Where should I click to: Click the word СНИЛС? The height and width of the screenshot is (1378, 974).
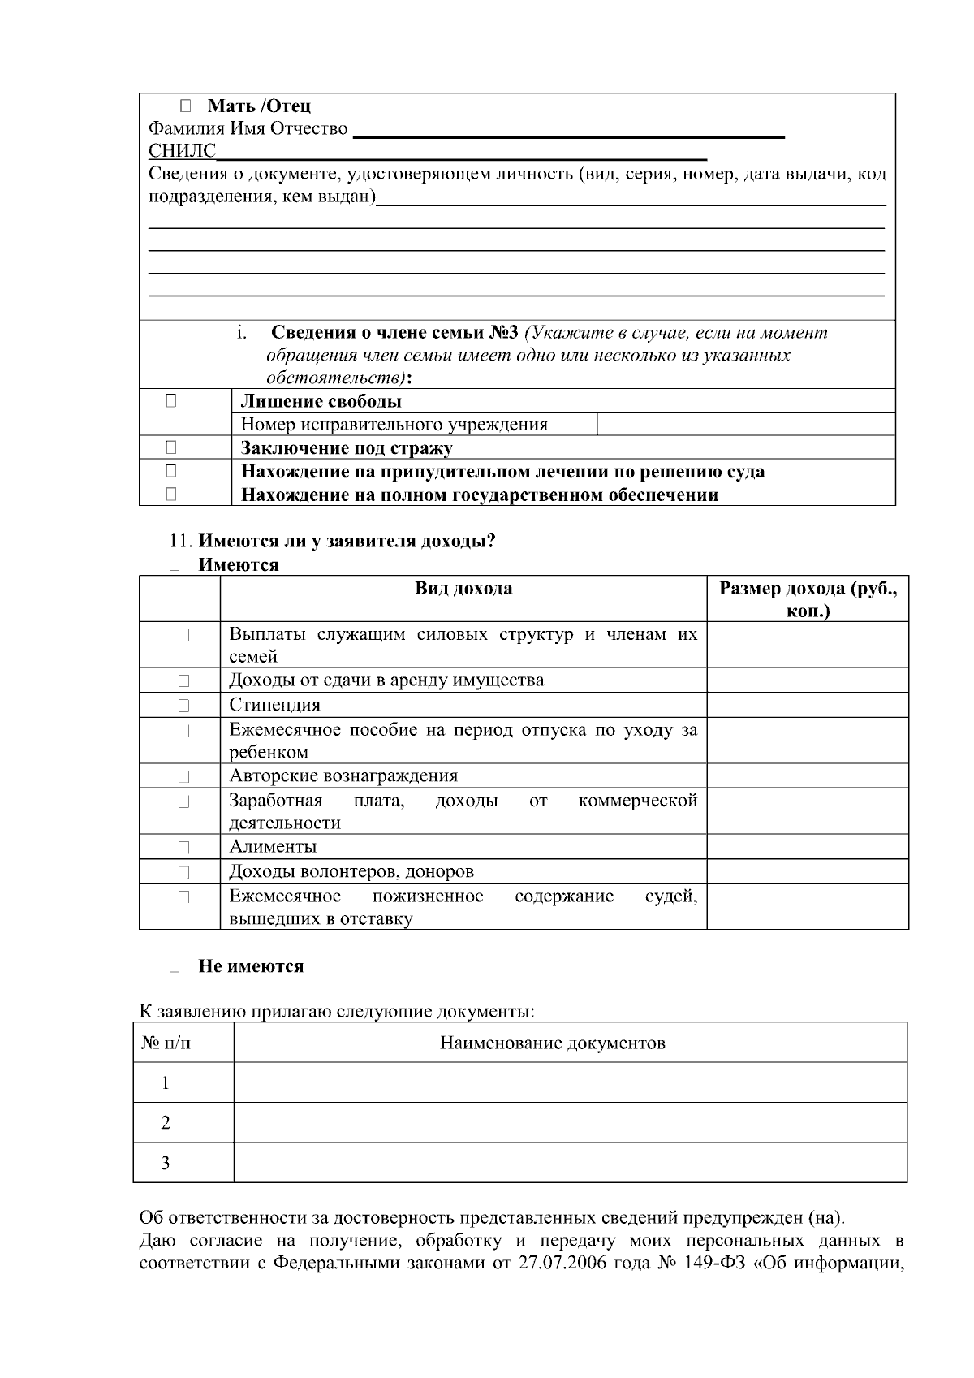tap(182, 152)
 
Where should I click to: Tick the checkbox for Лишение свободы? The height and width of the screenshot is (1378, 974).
tap(171, 400)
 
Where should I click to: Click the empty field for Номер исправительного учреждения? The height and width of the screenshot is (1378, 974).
tap(745, 424)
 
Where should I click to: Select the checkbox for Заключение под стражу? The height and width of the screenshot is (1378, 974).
tap(171, 447)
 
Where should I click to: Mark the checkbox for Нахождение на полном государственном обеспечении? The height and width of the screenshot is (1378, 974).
tap(171, 495)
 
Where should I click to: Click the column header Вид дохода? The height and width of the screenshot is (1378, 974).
tap(463, 589)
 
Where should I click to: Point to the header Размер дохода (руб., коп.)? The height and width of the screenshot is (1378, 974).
tap(808, 599)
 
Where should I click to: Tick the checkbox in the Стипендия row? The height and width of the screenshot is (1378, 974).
tap(183, 705)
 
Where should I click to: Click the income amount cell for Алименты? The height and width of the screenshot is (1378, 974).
tap(808, 847)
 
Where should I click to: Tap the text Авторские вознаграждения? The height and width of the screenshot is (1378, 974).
tap(343, 775)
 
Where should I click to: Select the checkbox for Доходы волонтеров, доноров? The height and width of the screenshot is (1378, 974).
tap(183, 872)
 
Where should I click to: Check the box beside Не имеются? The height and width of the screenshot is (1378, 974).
tap(175, 966)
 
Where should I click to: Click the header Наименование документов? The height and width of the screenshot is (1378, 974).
tap(553, 1043)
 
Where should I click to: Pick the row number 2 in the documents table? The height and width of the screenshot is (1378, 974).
tap(166, 1123)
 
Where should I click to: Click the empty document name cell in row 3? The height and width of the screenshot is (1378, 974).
tap(570, 1163)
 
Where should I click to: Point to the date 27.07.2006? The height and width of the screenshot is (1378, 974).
tap(561, 1264)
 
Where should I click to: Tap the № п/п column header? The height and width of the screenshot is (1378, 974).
tap(167, 1043)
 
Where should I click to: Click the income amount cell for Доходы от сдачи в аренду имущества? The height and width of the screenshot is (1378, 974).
tap(808, 680)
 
